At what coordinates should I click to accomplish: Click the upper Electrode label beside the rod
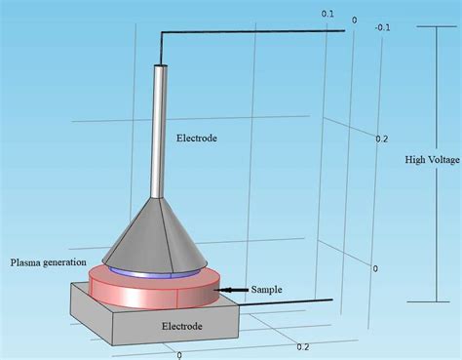click(197, 139)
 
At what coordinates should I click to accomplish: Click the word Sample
click(266, 290)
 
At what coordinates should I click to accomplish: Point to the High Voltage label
click(433, 160)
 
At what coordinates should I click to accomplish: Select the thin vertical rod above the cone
click(158, 127)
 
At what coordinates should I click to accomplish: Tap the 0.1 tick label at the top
click(327, 14)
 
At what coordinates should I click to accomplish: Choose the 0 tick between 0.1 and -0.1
click(354, 20)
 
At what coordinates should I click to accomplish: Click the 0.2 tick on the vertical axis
click(381, 140)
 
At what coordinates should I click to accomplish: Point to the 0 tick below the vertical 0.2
click(375, 268)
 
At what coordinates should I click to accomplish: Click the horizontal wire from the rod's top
click(253, 33)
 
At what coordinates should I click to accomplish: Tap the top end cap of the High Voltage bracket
click(433, 26)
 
